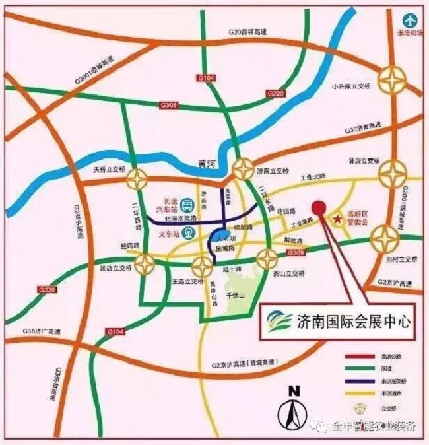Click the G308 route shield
click(x=168, y=104)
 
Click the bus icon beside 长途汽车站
click(x=187, y=205)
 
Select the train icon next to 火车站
click(x=189, y=232)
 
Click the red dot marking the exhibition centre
click(x=319, y=207)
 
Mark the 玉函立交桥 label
click(x=187, y=281)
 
